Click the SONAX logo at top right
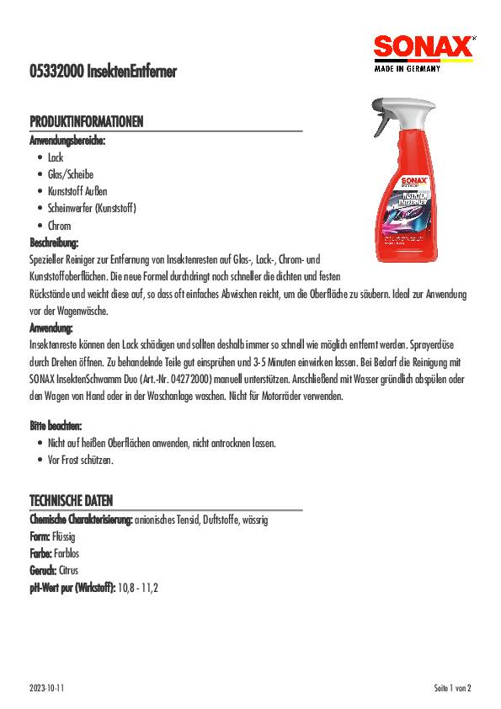(x=423, y=52)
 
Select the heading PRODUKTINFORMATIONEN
(x=86, y=122)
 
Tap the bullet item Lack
(x=56, y=157)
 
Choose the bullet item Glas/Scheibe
(x=71, y=174)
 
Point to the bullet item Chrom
(x=59, y=225)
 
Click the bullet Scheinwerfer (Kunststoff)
(x=91, y=208)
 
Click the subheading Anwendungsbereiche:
(x=68, y=140)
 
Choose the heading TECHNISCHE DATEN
(x=71, y=501)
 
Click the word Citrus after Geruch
(x=69, y=570)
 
